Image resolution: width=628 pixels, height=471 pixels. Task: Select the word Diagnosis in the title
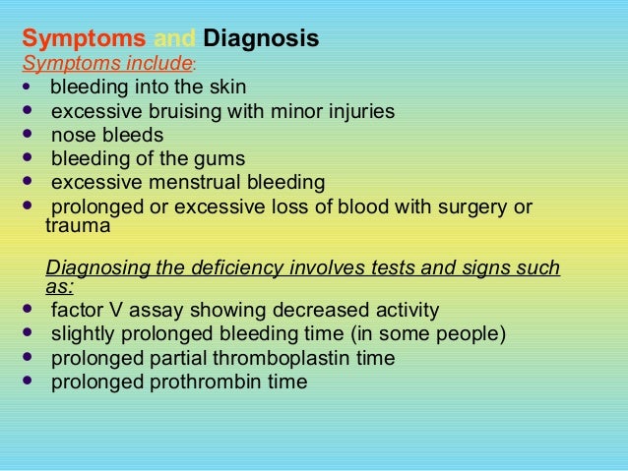(x=260, y=40)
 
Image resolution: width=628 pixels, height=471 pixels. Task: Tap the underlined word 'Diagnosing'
(x=94, y=267)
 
